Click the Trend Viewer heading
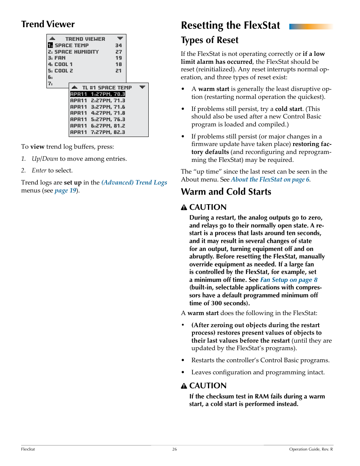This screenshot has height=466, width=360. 48,25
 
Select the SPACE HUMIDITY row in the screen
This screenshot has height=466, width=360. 77,52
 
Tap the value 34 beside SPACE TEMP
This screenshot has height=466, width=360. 118,45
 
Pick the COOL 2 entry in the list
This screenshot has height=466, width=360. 63,71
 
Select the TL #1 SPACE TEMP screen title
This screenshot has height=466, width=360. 107,88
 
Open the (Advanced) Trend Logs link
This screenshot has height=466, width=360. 134,183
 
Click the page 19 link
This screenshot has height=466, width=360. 65,191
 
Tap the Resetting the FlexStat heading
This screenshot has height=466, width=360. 230,26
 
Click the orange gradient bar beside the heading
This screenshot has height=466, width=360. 311,26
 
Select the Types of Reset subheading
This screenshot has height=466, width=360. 209,40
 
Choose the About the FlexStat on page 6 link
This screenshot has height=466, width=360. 270,180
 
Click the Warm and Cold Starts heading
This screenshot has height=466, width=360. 226,192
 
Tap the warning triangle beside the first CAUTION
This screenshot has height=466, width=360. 184,207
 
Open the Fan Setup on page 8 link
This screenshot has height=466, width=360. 289,280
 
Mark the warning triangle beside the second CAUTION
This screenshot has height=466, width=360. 184,386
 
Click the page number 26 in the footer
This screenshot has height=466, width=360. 175,449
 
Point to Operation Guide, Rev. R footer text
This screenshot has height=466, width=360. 311,449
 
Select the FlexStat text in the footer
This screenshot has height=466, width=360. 28,449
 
